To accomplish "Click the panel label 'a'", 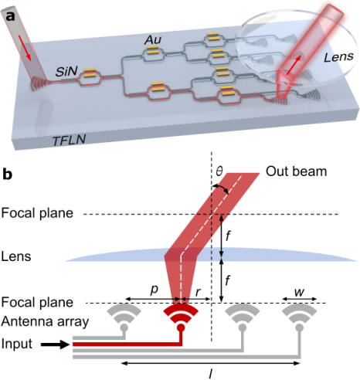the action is click(10, 16).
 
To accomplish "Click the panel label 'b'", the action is click(8, 174).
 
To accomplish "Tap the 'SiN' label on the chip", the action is click(66, 71).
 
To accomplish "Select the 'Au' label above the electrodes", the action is click(153, 39).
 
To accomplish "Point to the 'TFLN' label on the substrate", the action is click(69, 140).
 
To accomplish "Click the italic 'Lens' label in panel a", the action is click(338, 56).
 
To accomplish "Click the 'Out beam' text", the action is click(296, 171).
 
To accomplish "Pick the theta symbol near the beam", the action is click(219, 171).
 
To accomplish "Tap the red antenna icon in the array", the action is click(181, 318).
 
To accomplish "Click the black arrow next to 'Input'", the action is click(56, 344).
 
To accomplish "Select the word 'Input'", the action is click(17, 344).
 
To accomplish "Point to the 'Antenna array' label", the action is click(45, 321).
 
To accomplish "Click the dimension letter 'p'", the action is click(154, 290).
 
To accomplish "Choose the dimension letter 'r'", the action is click(198, 291).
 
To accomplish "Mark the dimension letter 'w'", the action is click(299, 292).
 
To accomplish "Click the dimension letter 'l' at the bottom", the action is click(210, 373).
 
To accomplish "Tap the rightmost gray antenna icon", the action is click(299, 318).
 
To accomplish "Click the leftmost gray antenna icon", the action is click(124, 318).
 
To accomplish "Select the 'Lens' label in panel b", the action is click(16, 256).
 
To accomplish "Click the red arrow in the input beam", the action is click(25, 48).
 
